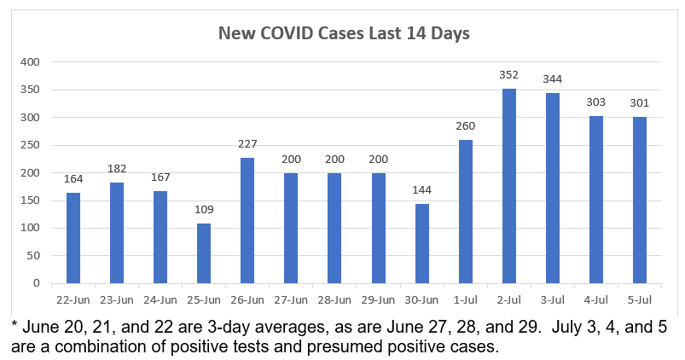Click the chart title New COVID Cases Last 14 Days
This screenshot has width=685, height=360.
345,34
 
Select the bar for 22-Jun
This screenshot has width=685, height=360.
73,238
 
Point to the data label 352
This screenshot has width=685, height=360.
508,75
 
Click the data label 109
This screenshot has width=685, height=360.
204,210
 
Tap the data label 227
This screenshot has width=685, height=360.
247,144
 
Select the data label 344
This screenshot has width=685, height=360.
552,79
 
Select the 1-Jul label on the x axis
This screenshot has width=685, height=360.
465,300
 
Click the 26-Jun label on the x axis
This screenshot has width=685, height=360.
247,300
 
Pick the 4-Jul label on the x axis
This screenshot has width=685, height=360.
595,300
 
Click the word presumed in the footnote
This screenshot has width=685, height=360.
367,347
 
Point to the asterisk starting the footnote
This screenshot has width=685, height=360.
15,325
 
